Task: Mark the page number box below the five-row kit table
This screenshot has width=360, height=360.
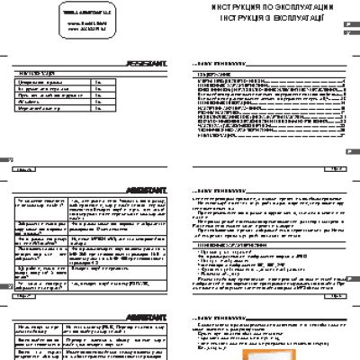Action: (x=25, y=167)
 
